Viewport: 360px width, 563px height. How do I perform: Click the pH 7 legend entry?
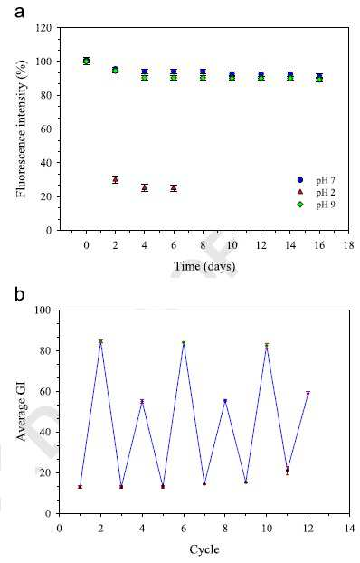(317, 180)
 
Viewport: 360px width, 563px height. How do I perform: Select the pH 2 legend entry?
(317, 193)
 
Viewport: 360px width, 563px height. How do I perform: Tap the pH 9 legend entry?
(317, 205)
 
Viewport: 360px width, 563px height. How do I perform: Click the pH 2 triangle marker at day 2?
(115, 179)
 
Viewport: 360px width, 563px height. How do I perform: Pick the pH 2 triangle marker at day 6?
(174, 187)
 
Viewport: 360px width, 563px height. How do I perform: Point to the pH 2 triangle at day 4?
(145, 187)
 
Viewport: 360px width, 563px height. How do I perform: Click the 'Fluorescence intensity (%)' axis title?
(21, 129)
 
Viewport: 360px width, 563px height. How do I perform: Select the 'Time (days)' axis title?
(204, 266)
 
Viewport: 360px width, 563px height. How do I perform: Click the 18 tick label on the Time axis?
(348, 245)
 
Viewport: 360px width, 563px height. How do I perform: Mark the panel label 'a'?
(19, 12)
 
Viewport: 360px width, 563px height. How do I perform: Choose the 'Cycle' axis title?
(204, 549)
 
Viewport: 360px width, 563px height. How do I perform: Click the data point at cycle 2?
(101, 341)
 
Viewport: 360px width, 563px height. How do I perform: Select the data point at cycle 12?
(308, 394)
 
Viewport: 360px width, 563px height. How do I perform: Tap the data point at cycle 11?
(287, 470)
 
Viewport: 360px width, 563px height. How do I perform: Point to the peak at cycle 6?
(184, 343)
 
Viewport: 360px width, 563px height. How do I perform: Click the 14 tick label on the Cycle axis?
(349, 529)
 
